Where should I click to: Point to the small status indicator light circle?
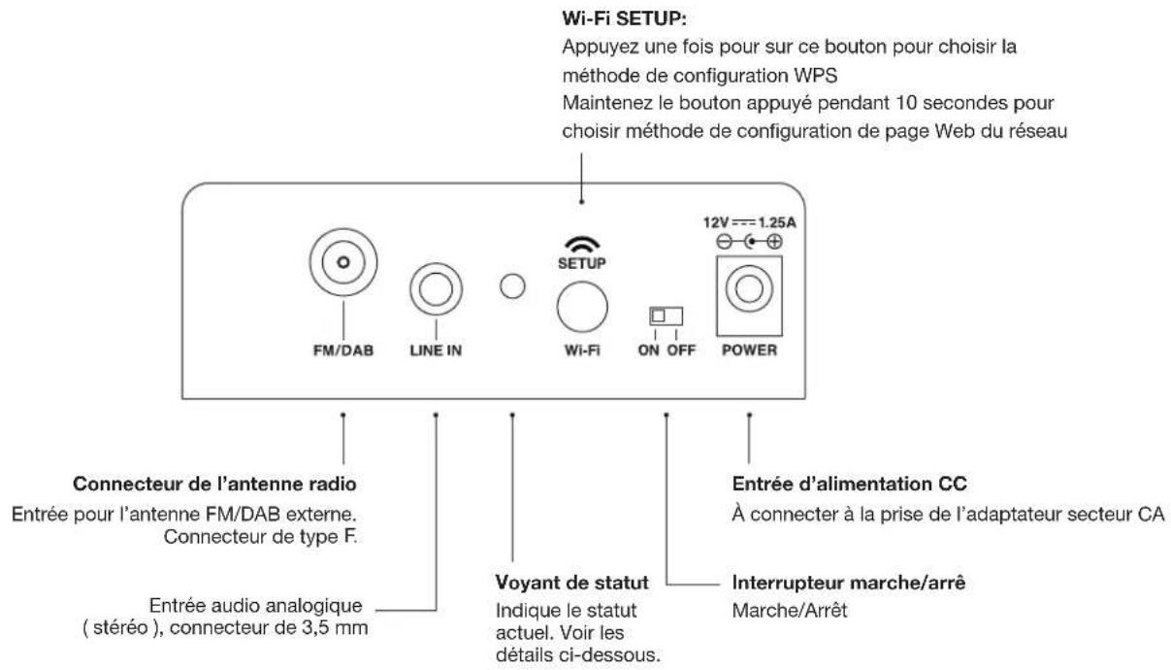pos(512,286)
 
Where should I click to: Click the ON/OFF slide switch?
pos(666,316)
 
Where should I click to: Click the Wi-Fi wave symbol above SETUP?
pos(582,245)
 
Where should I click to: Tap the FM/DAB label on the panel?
pos(343,351)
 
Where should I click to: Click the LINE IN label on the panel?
pos(436,351)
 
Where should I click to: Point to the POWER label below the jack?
pos(749,350)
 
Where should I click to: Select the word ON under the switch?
pos(649,351)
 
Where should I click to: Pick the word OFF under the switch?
pos(681,351)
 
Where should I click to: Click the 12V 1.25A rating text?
pos(750,222)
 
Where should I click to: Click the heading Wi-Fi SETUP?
pos(625,18)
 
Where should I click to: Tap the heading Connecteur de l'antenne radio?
pos(214,484)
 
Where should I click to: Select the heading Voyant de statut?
pos(571,583)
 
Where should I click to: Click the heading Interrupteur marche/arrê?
pos(849,583)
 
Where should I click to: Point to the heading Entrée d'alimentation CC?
pos(850,484)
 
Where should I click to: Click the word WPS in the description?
pos(816,76)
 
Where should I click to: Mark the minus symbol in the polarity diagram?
pos(724,242)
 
